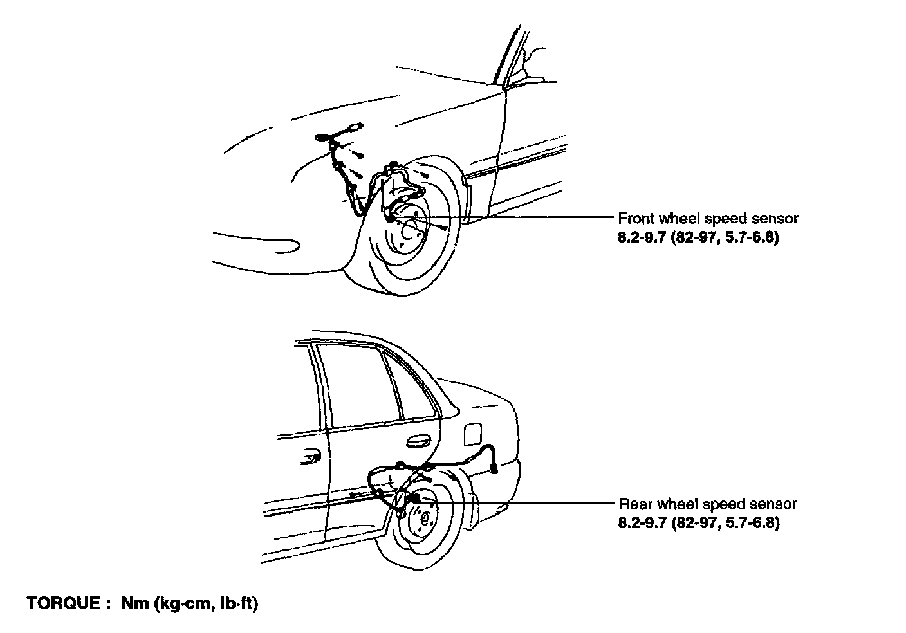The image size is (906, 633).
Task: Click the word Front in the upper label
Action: tap(634, 218)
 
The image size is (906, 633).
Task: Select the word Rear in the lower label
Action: tap(633, 504)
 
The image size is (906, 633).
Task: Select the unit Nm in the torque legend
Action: tap(133, 604)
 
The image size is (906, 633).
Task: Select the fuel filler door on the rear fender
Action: tap(473, 433)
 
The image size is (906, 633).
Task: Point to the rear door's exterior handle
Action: tap(419, 441)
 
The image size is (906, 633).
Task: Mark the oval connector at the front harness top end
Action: tap(353, 127)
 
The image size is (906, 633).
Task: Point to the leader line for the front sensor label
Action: tap(534, 217)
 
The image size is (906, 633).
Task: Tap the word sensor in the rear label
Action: tap(776, 504)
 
